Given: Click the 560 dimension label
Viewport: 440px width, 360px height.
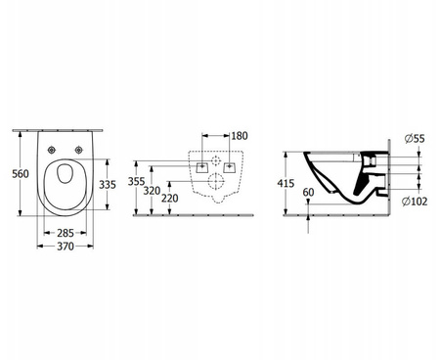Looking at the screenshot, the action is click(21, 174).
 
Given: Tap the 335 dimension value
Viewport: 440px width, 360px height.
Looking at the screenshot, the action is click(108, 185).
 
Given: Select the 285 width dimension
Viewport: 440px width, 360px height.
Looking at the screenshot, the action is click(66, 233).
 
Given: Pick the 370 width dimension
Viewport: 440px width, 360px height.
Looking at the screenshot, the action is click(66, 247).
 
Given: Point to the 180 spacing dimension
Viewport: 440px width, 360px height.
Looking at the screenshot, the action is click(240, 136).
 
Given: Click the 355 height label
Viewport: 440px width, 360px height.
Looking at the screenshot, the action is click(136, 182).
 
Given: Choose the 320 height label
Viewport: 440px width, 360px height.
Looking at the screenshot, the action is click(152, 191).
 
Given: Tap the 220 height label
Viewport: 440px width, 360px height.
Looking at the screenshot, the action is click(170, 199).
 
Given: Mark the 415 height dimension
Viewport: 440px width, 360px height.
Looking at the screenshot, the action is click(286, 183).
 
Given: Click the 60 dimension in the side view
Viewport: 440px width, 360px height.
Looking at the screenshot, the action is click(308, 193).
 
